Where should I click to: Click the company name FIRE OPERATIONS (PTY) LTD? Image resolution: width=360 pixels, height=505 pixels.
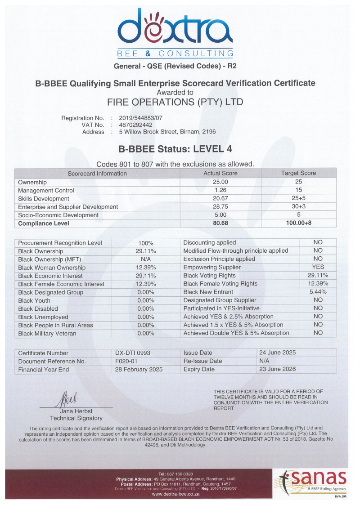coord(175,102)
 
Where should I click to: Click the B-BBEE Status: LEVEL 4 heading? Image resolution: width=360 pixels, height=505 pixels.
coord(176,148)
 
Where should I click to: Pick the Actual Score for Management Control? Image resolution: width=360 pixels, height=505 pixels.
coord(220,190)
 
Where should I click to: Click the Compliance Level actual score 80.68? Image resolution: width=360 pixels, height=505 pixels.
coord(220,223)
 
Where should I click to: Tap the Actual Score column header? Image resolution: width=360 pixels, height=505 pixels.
coord(220,173)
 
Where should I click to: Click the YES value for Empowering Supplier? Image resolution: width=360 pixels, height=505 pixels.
coord(318,267)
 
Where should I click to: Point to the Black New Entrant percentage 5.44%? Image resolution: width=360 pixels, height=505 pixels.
coord(318,292)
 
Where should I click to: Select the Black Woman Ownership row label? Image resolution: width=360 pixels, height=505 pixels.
coord(52,268)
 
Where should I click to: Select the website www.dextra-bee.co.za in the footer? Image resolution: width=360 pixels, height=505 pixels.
coord(175,494)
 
